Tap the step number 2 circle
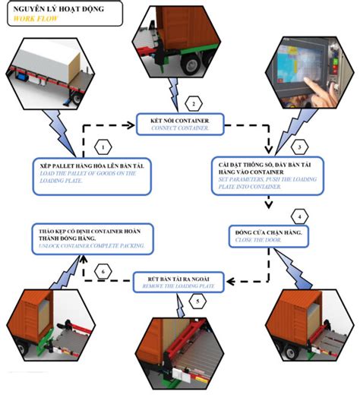(194, 103)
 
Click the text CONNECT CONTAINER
(178, 128)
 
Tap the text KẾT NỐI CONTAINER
(179, 120)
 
